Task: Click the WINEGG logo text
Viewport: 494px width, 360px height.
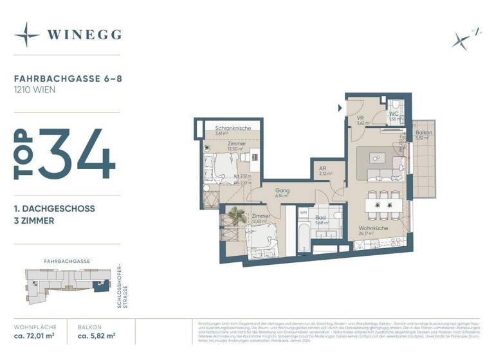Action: pos(84,35)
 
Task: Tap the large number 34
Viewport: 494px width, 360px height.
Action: pos(77,154)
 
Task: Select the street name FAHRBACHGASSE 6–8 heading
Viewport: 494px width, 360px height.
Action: pos(57,78)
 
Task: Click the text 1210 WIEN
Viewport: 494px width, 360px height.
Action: pos(35,89)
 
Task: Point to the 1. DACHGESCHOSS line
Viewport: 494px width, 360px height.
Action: pos(55,208)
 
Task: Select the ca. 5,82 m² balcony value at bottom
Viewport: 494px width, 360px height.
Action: pos(96,336)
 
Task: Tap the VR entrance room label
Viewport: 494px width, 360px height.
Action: pos(360,118)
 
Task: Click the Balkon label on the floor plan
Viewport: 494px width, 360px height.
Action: pos(423,132)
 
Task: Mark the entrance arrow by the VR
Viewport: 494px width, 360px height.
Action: pos(340,107)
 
